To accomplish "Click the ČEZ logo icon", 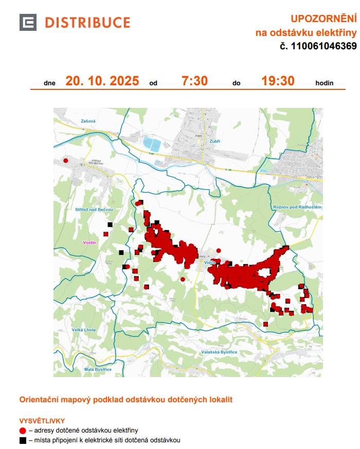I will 28,23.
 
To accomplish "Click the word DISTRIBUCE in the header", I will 87,23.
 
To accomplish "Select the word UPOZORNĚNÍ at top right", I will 323,19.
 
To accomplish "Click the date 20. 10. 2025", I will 102,81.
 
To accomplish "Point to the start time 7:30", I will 194,81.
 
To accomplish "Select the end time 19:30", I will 278,81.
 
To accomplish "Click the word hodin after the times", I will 325,83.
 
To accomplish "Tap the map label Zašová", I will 88,121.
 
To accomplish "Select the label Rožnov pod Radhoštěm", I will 297,207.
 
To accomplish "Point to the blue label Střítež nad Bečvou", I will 94,210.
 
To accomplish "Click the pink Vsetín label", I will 91,241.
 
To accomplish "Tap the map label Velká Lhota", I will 84,330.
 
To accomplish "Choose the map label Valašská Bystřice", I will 220,352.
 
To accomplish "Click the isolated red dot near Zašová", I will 65,161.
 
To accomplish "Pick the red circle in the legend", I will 23,431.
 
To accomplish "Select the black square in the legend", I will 23,440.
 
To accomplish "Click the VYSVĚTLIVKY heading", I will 41,420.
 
